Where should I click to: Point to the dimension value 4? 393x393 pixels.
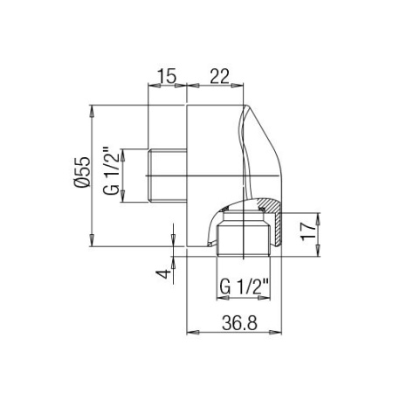click(x=161, y=274)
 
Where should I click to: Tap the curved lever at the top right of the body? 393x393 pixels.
click(x=253, y=148)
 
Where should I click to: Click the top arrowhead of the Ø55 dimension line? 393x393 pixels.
click(x=93, y=112)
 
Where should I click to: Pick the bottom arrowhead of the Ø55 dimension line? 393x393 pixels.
click(x=93, y=243)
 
